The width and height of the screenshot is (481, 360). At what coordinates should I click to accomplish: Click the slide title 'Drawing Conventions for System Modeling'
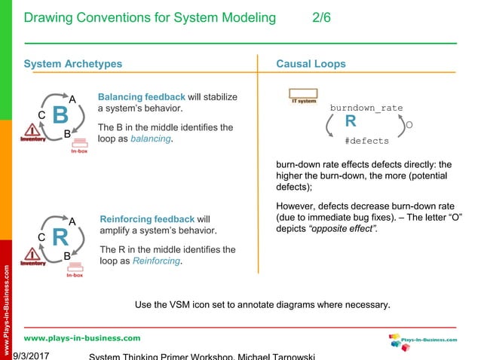pos(150,18)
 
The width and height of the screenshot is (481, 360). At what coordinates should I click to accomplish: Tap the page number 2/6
pos(321,18)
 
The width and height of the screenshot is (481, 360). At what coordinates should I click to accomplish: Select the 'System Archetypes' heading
pos(72,64)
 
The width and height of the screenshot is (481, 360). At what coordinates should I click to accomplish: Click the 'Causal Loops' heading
pos(311,64)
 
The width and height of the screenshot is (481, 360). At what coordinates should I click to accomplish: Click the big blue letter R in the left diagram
pos(60,238)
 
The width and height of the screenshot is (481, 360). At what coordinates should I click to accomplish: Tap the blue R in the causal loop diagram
pos(351,122)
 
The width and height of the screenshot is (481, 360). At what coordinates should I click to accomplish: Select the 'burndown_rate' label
pos(366,108)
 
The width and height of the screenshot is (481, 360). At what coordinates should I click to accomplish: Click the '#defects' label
pos(366,140)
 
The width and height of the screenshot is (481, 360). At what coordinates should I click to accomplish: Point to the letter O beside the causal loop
pos(409,124)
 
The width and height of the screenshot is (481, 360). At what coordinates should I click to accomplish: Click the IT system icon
pos(304,97)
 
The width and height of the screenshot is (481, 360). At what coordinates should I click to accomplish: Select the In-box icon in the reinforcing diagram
pos(75,270)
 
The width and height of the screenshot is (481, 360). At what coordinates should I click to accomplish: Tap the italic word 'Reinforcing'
pos(156,261)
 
